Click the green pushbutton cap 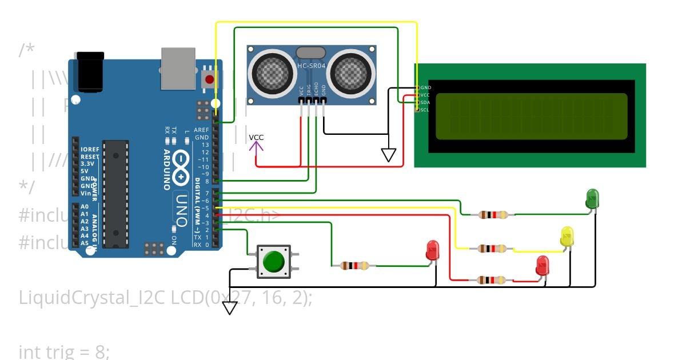(274, 262)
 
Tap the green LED (592, 198)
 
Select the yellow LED (567, 237)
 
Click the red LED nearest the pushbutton (433, 250)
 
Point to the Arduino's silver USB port (178, 69)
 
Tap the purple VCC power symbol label (256, 138)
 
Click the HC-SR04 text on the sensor (311, 66)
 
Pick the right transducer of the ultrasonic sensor (350, 71)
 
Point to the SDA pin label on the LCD (425, 102)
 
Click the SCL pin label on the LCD (425, 110)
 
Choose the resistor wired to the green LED (493, 215)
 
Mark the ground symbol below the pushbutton (230, 308)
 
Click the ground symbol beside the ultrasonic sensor (389, 155)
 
